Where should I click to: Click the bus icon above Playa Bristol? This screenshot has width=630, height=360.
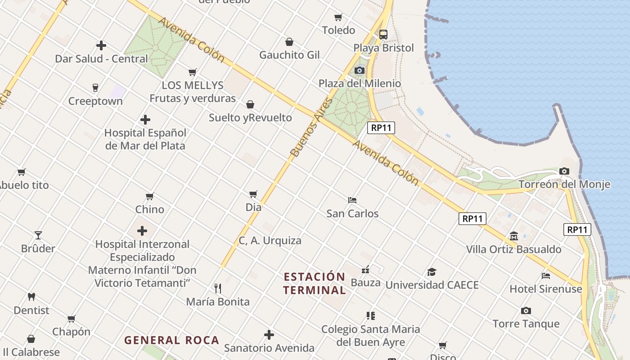click(x=383, y=34)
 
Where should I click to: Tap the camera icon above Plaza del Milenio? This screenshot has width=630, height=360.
click(x=359, y=70)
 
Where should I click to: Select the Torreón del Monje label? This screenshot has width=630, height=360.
click(x=564, y=184)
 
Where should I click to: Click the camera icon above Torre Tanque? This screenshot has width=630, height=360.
click(x=526, y=310)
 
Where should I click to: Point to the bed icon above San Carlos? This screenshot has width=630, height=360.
click(x=352, y=200)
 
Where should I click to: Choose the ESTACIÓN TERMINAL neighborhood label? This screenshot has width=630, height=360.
click(x=315, y=283)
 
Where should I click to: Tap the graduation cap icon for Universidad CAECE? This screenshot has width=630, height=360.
click(x=432, y=272)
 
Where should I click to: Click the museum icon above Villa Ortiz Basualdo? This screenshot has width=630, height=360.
click(x=514, y=236)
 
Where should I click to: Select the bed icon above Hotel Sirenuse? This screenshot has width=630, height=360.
click(x=546, y=275)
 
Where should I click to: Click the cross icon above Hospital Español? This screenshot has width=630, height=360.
click(x=145, y=120)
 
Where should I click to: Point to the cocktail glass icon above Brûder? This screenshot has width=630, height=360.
click(x=38, y=235)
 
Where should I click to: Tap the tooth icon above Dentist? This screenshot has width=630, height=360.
click(x=31, y=297)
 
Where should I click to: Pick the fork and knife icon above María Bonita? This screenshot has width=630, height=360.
click(x=218, y=288)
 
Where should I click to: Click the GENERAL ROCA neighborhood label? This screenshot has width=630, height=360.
click(x=172, y=340)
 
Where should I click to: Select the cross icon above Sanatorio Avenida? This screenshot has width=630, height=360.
click(x=269, y=335)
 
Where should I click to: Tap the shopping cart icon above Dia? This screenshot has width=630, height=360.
click(x=253, y=194)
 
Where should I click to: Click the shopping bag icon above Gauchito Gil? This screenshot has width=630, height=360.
click(x=289, y=42)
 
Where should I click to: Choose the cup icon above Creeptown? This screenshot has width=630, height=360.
click(x=95, y=87)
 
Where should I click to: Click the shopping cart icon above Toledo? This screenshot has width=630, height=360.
click(x=338, y=17)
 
